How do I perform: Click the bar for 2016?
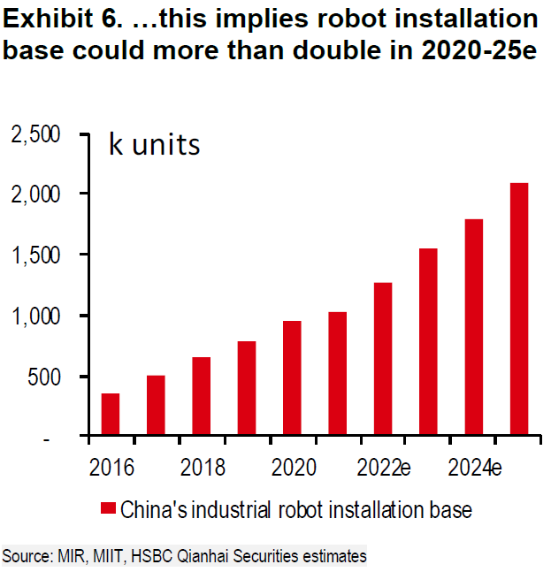tap(111, 415)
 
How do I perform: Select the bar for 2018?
tap(201, 397)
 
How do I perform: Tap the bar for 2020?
tap(292, 378)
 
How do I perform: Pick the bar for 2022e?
tap(382, 360)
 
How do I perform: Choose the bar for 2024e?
tap(473, 328)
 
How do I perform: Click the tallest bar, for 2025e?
tap(518, 309)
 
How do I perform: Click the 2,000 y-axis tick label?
tap(34, 194)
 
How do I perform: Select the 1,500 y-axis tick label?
tap(34, 255)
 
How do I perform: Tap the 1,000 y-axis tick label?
tap(34, 316)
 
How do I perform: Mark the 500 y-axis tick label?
tap(43, 377)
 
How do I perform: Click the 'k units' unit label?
tap(154, 144)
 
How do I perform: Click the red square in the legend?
tap(108, 509)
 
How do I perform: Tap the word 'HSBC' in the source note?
tap(143, 556)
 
